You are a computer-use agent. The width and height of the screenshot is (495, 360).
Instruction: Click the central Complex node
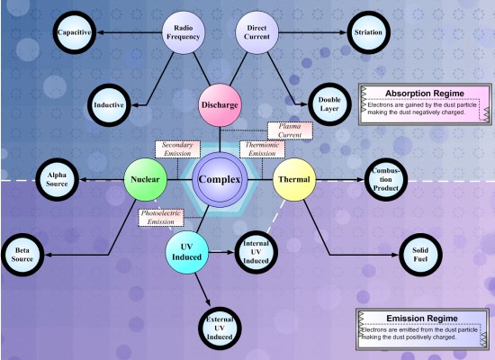tap(220, 179)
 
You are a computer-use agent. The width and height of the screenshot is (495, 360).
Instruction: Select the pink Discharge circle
tap(220, 105)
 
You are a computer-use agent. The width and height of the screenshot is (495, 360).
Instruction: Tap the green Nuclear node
tap(145, 179)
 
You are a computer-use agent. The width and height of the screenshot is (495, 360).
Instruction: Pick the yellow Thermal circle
tap(294, 179)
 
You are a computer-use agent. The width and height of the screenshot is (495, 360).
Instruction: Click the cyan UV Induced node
tap(187, 252)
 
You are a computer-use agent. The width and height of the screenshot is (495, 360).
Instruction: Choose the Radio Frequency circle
tap(184, 32)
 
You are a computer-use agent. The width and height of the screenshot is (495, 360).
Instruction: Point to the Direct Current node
tap(257, 32)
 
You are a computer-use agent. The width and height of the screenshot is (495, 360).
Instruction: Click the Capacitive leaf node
tap(75, 32)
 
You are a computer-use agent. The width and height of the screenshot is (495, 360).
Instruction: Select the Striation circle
tap(368, 32)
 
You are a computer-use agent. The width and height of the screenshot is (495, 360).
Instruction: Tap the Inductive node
tap(109, 105)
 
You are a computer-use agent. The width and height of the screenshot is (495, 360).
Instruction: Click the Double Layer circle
tap(329, 104)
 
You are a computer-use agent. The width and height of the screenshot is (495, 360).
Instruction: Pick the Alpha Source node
tap(57, 179)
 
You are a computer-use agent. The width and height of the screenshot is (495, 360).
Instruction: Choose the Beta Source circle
tap(22, 255)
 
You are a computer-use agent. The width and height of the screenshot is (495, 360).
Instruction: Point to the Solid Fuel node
tap(420, 255)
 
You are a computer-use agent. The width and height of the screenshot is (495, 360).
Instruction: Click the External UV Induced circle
tap(220, 328)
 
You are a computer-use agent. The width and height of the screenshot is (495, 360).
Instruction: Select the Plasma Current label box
tap(290, 130)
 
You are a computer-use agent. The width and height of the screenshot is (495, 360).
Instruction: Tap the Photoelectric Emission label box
tap(161, 218)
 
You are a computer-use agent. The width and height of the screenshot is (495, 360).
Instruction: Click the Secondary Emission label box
tap(177, 149)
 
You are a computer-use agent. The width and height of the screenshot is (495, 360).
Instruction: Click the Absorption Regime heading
tap(425, 94)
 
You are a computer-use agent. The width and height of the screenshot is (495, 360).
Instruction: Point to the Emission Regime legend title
tap(422, 319)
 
